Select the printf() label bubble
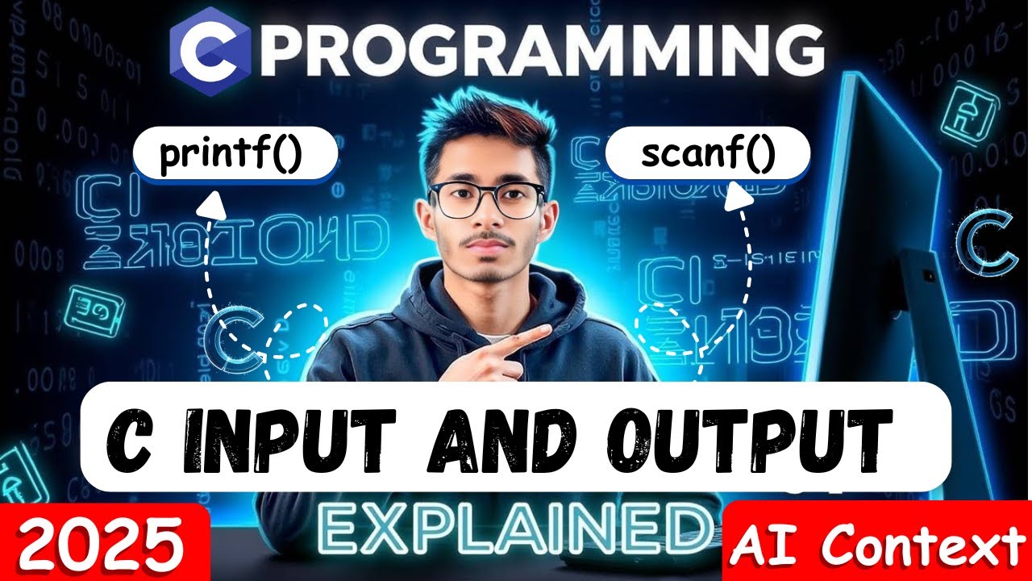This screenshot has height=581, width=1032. pos(231,157)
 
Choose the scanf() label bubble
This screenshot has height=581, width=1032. pos(708,155)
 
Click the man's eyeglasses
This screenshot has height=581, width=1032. pos(487,199)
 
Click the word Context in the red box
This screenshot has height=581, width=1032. pos(920,546)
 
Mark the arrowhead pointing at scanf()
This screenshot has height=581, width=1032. pos(734,196)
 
